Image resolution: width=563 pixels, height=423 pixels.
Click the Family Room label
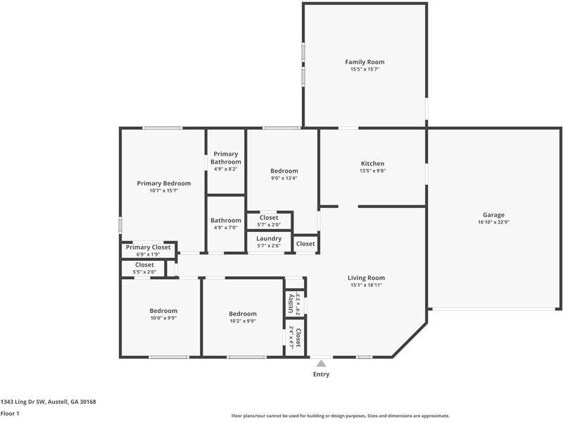point(365,62)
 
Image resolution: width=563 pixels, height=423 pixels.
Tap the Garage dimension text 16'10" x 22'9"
point(493,222)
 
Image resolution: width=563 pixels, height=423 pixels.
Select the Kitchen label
point(373,164)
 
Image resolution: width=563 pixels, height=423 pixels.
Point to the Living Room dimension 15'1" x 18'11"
point(366,286)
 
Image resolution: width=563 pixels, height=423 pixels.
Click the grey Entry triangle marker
point(321,363)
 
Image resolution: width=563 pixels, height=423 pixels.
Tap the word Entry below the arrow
point(321,374)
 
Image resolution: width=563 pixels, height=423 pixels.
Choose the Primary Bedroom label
point(164,183)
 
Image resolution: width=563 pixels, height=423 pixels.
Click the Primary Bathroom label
point(226,158)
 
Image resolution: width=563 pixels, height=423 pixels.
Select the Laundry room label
point(269,238)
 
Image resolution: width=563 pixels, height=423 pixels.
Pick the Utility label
point(291,304)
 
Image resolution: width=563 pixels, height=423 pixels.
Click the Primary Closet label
point(148,247)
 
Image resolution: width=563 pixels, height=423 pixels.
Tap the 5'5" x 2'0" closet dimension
point(144,272)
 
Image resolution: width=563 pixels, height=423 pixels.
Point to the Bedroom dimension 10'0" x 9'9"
point(163,319)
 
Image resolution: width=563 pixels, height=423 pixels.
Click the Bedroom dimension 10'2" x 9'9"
point(243,321)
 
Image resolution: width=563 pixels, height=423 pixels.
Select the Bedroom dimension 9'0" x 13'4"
point(284,178)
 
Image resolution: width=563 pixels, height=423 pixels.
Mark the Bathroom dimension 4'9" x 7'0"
point(225,228)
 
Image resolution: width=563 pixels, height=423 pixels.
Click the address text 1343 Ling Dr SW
point(23,402)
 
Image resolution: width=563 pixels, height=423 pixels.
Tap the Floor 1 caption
point(10,413)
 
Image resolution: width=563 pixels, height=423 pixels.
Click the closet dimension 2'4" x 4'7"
point(291,338)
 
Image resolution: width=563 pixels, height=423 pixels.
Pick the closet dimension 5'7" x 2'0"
point(269,225)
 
